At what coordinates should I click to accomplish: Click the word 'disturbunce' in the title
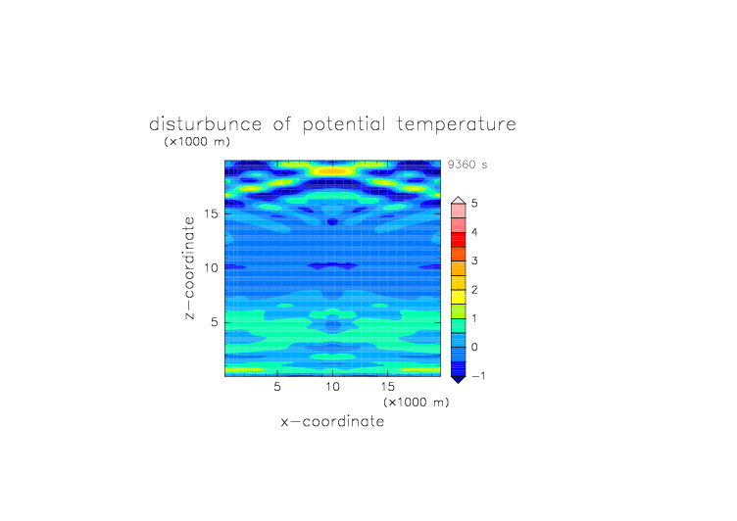click(206, 124)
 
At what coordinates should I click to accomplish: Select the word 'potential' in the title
click(344, 125)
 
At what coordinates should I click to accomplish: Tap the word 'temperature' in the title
click(457, 125)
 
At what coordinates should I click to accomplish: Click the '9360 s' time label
click(467, 165)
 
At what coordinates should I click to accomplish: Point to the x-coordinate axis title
click(332, 421)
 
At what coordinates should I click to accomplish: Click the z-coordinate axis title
click(189, 267)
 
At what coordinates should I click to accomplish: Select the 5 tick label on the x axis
click(277, 387)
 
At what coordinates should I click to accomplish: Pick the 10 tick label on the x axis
click(333, 387)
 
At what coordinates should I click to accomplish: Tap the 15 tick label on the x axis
click(388, 387)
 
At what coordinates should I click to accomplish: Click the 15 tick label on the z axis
click(211, 213)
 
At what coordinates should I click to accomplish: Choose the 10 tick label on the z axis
click(211, 267)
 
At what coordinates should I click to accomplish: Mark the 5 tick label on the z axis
click(215, 322)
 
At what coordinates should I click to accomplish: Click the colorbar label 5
click(474, 204)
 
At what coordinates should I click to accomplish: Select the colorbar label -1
click(478, 376)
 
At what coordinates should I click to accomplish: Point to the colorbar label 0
click(474, 348)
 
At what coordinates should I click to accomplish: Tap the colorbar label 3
click(474, 260)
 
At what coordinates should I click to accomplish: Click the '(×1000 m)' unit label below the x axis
click(416, 403)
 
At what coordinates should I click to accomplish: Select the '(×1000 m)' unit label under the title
click(197, 141)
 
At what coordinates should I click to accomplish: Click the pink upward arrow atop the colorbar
click(459, 201)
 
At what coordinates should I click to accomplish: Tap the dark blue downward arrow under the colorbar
click(459, 379)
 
